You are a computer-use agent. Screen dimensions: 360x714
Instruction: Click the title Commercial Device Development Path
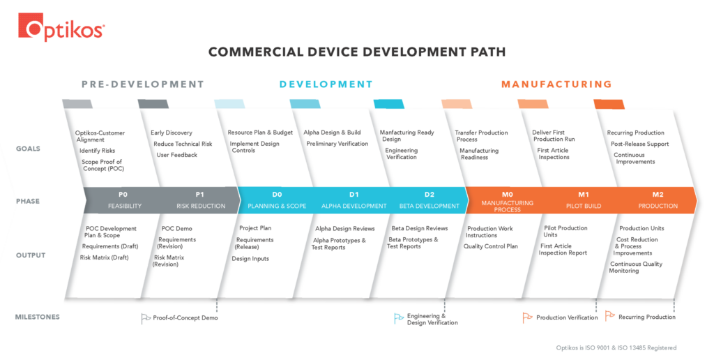coord(357,52)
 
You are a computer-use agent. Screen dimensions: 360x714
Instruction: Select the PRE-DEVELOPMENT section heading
coord(142,84)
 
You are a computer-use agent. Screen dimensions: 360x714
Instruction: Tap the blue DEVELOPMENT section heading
coord(326,84)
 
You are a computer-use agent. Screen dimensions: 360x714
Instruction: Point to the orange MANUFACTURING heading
coord(556,84)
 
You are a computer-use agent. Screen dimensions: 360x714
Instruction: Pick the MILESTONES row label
coord(37,317)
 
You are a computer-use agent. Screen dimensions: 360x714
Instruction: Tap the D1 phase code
coord(354,194)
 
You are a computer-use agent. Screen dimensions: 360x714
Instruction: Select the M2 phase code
coord(658,194)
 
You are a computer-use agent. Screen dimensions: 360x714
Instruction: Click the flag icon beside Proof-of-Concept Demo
coord(146,318)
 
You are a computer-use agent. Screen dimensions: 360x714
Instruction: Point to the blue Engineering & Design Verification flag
coord(399,318)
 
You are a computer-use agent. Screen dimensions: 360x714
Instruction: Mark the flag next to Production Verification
coord(528,317)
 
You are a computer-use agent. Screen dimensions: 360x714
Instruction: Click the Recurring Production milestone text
coord(646,317)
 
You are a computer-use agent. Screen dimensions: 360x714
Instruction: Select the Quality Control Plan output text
coord(491,246)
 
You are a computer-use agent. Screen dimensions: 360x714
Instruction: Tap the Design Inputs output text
coord(250,259)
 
